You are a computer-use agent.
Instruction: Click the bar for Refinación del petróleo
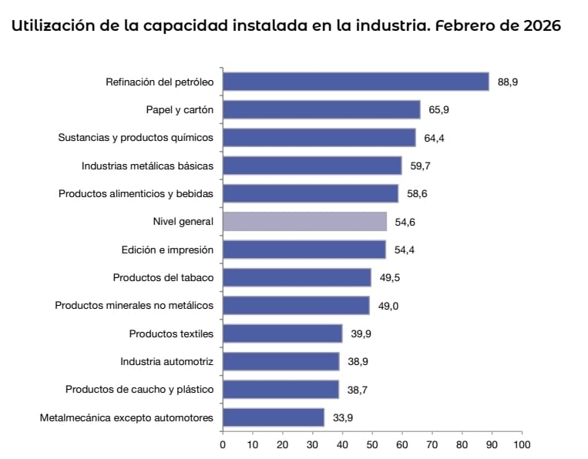(x=355, y=82)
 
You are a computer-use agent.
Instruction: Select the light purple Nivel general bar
(x=304, y=222)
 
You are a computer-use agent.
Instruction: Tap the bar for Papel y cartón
(x=321, y=109)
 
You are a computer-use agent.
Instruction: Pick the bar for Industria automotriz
(x=281, y=361)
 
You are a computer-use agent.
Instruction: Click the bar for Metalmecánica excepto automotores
(x=273, y=417)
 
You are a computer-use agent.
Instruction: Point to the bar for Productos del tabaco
(x=297, y=277)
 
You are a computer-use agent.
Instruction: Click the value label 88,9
(x=508, y=82)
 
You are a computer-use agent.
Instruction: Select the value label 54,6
(x=405, y=222)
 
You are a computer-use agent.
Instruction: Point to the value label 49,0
(x=388, y=306)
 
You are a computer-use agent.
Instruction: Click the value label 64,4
(x=435, y=138)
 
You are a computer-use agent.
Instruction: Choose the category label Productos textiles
(x=171, y=333)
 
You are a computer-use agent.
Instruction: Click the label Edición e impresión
(x=167, y=250)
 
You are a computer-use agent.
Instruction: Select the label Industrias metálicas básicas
(x=147, y=166)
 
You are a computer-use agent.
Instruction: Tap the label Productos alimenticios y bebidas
(x=136, y=193)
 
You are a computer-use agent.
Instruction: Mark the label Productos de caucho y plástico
(x=139, y=390)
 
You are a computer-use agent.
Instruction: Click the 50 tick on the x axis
(x=372, y=444)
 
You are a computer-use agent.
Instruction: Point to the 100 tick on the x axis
(x=522, y=444)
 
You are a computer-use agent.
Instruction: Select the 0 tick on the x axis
(x=223, y=444)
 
